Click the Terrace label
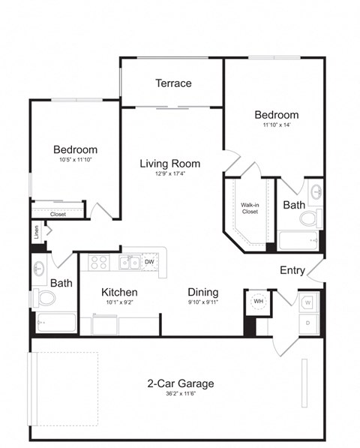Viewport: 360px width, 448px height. (x=173, y=83)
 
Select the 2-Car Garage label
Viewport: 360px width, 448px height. (x=180, y=383)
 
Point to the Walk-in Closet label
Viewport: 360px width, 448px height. (x=250, y=207)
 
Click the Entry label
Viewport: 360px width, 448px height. (x=292, y=270)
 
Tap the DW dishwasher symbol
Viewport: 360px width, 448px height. (x=149, y=262)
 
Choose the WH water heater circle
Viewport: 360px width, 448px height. (x=257, y=301)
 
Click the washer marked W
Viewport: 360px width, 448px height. (x=308, y=302)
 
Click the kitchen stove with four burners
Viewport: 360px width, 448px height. (x=99, y=262)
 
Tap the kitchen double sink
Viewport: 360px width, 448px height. (x=128, y=263)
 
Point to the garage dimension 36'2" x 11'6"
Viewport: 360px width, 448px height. (x=180, y=395)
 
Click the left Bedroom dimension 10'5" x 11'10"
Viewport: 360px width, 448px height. (x=74, y=160)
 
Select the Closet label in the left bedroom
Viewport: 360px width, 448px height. (x=58, y=214)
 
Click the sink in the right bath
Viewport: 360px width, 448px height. (x=316, y=191)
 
